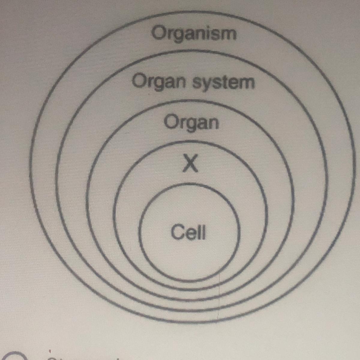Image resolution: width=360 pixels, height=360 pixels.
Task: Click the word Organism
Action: [x=194, y=33]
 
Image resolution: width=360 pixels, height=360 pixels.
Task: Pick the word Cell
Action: [x=188, y=232]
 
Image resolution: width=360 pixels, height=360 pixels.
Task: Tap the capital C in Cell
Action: [x=177, y=232]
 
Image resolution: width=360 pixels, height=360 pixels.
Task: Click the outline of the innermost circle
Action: [x=189, y=184]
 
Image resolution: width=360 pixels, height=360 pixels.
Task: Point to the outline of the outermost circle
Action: [x=192, y=12]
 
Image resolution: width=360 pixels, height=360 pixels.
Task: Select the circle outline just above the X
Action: [x=190, y=141]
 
